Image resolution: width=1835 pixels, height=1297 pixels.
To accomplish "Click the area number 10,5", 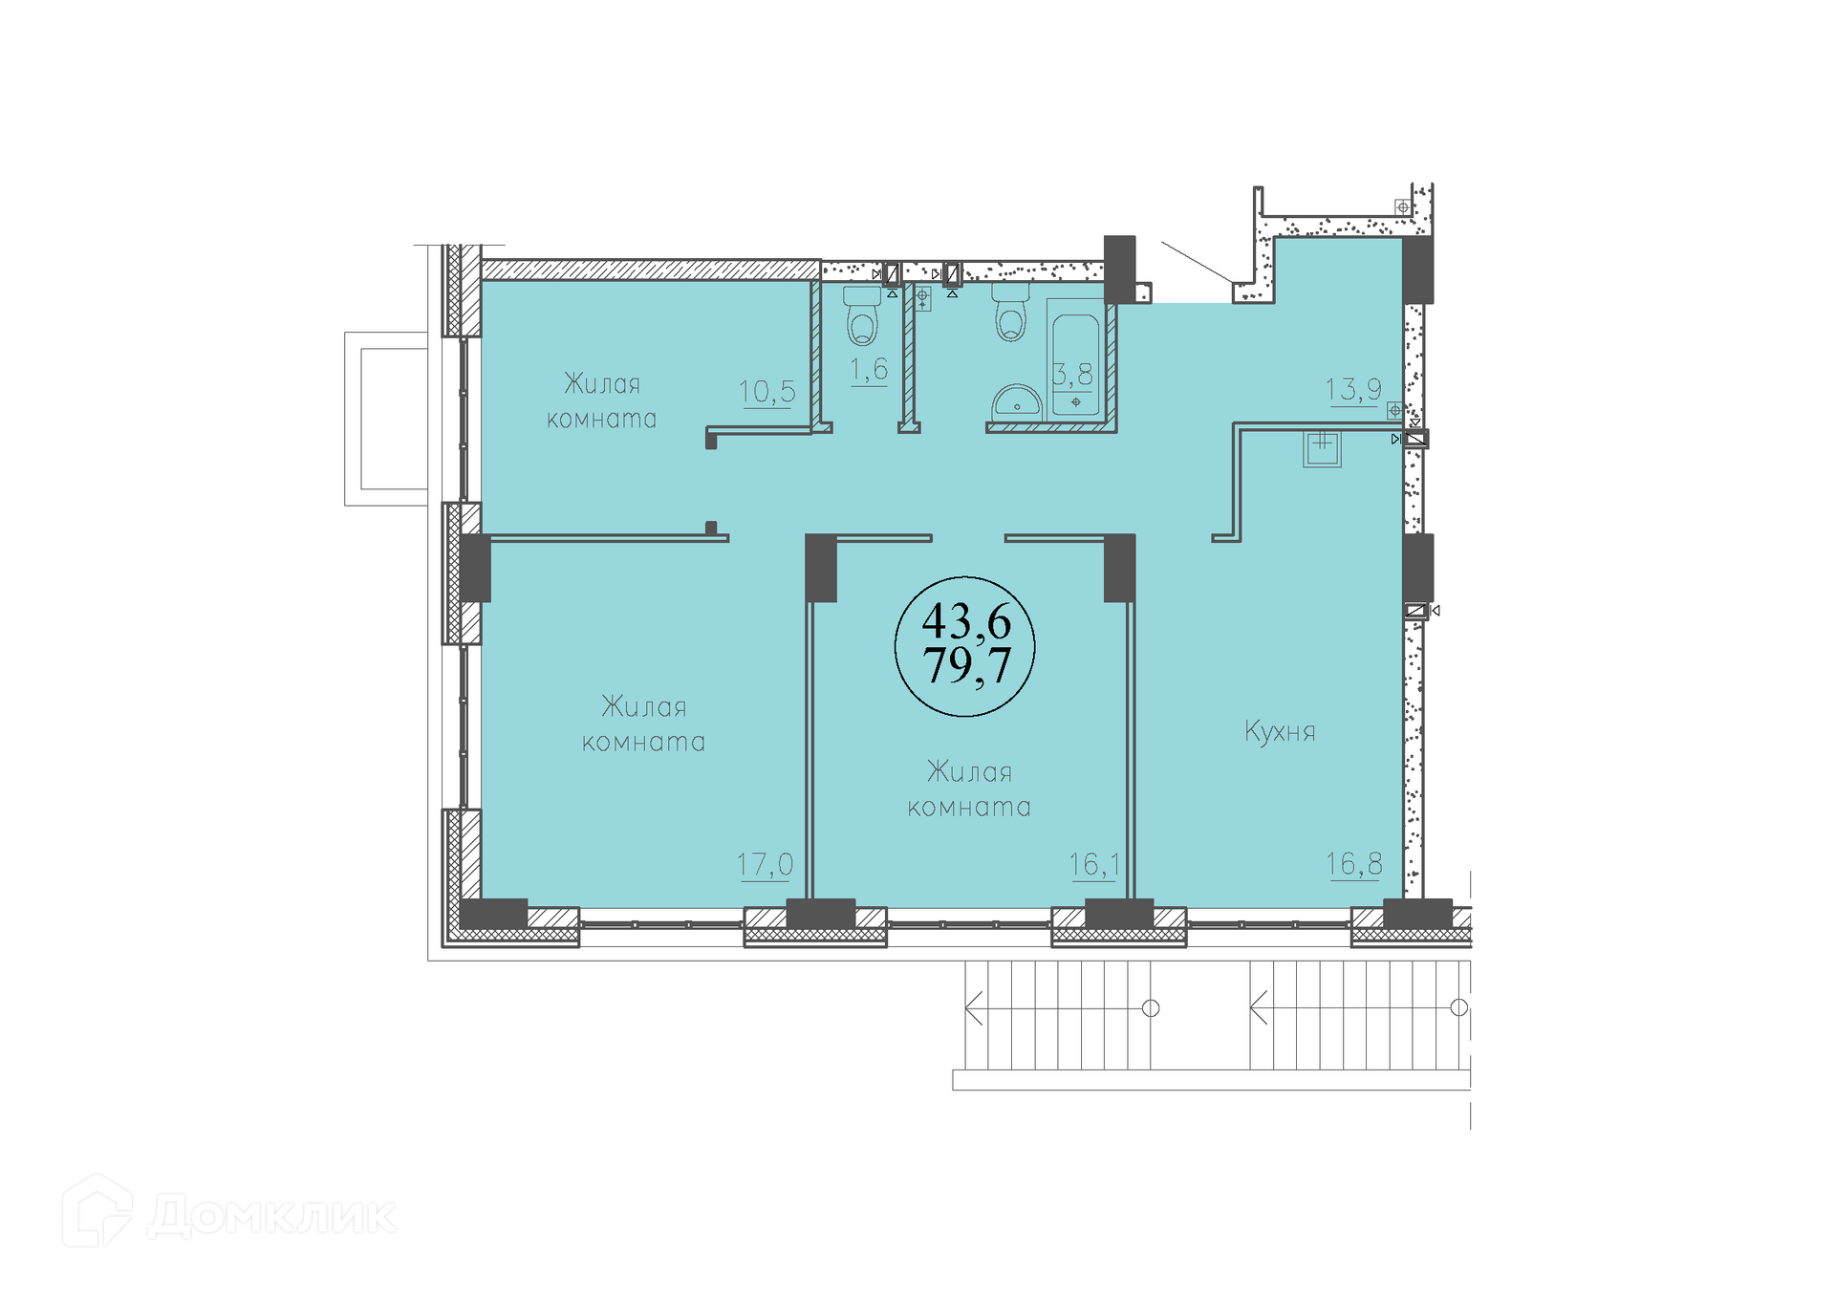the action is pyautogui.click(x=766, y=391).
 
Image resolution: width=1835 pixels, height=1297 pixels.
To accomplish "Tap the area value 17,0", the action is pyautogui.click(x=765, y=864).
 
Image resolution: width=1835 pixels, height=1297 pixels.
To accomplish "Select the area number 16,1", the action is pyautogui.click(x=1094, y=864).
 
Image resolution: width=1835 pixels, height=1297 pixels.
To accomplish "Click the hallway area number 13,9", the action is pyautogui.click(x=1352, y=389).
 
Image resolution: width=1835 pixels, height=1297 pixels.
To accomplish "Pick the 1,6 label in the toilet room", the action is pyautogui.click(x=869, y=369).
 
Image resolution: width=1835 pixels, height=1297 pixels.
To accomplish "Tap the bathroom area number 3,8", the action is pyautogui.click(x=1073, y=374).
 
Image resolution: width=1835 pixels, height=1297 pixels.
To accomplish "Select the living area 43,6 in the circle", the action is pyautogui.click(x=966, y=622).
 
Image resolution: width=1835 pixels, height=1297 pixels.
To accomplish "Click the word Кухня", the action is pyautogui.click(x=1280, y=732).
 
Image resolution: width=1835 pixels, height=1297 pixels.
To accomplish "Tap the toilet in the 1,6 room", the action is pyautogui.click(x=862, y=314).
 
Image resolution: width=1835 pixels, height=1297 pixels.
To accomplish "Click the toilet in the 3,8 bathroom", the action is pyautogui.click(x=1011, y=312).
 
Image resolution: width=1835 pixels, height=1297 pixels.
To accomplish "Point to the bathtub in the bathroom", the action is pyautogui.click(x=1076, y=358).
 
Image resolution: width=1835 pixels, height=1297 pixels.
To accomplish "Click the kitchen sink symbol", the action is pyautogui.click(x=1322, y=448).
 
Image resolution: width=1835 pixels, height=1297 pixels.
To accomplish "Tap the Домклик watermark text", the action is pyautogui.click(x=271, y=1216).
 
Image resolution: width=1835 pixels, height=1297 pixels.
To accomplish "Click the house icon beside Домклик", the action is pyautogui.click(x=97, y=1211).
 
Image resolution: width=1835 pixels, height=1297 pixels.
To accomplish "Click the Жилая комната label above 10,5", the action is pyautogui.click(x=602, y=401).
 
